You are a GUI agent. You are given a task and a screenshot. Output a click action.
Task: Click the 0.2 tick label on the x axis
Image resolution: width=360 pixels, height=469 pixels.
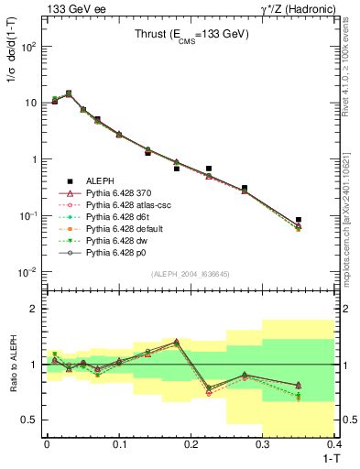pyautogui.click(x=191, y=442)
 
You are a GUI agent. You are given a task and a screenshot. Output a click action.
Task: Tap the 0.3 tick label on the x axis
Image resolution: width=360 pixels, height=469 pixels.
pyautogui.click(x=263, y=442)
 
